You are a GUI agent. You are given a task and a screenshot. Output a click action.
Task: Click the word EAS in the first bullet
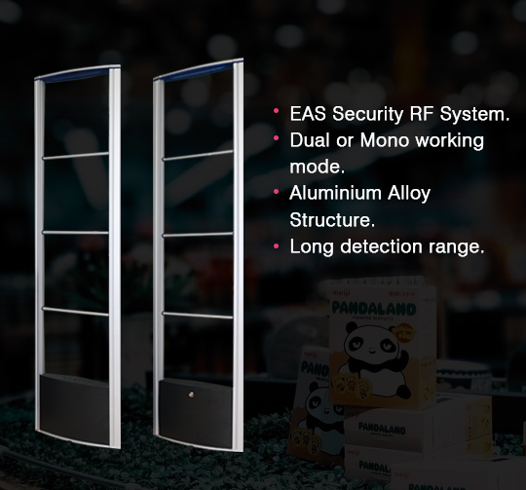[x=308, y=114]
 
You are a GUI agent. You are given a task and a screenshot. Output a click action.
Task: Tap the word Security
[x=367, y=114]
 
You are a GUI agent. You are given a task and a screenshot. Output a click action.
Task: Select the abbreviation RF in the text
[x=421, y=114]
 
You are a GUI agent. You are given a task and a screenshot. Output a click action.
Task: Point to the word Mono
[x=385, y=140]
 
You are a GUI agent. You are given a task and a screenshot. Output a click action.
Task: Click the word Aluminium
[x=335, y=193]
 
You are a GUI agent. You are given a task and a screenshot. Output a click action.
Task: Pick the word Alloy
[x=409, y=194]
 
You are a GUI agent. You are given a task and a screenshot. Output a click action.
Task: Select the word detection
[x=381, y=246]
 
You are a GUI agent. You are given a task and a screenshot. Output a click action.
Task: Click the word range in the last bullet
[x=454, y=247]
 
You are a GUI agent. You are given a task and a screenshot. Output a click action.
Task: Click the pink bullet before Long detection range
[x=276, y=246]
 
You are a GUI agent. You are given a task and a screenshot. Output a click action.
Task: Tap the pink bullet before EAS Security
[x=276, y=110]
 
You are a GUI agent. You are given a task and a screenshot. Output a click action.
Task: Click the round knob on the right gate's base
[x=192, y=395]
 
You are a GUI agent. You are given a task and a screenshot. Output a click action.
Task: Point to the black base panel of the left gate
[x=75, y=408]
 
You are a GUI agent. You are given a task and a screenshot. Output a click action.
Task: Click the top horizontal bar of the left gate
[x=76, y=156]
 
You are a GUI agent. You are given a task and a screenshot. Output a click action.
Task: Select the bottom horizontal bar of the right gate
[x=197, y=315]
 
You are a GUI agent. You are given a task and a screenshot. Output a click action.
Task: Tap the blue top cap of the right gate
[x=198, y=71]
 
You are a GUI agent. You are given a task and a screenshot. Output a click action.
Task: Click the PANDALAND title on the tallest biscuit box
[x=374, y=308]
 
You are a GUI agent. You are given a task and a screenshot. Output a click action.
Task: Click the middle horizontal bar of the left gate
[x=75, y=232]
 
